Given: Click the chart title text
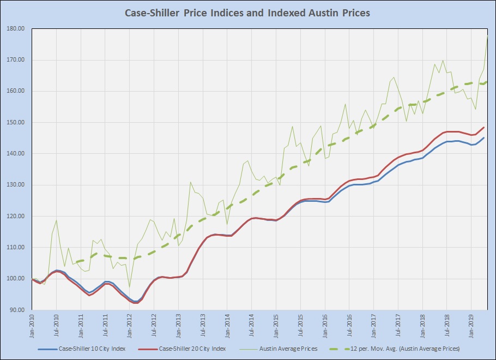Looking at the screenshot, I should click(247, 13).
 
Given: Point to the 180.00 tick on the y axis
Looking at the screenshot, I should click(16, 29).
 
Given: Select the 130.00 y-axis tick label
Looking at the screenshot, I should click(16, 185).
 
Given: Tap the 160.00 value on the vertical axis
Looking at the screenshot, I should click(16, 91).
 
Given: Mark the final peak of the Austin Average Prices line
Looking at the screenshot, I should click(487, 36).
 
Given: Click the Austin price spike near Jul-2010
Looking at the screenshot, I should click(57, 220).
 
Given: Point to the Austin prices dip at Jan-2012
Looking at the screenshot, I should click(130, 287).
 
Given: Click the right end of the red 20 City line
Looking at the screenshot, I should click(484, 128).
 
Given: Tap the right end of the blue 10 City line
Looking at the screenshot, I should click(484, 138).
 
